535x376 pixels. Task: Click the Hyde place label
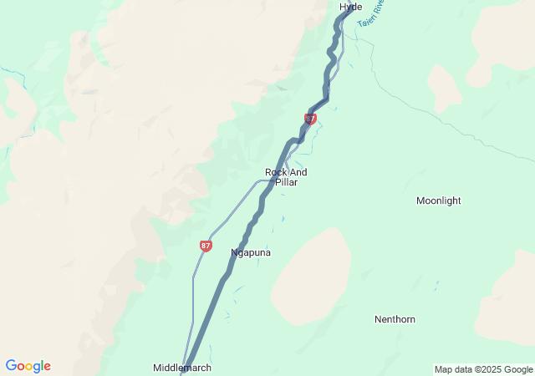tap(351, 7)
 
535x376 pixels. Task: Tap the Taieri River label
tap(369, 14)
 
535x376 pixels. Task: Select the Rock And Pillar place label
tap(281, 177)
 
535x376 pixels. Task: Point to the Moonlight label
tap(439, 201)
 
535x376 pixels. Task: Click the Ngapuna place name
tap(251, 252)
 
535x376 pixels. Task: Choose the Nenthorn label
tap(395, 319)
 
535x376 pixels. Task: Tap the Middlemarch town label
tap(182, 368)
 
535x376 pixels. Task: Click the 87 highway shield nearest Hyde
tap(310, 119)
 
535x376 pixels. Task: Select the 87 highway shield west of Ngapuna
tap(206, 246)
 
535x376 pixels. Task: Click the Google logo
tap(28, 366)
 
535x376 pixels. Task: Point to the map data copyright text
tap(484, 369)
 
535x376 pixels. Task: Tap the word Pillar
tap(286, 182)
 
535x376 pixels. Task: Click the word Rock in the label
tap(275, 172)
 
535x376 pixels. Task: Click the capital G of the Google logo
tap(11, 366)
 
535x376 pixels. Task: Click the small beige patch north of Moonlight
tap(444, 88)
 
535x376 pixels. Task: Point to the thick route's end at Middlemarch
tap(182, 373)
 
